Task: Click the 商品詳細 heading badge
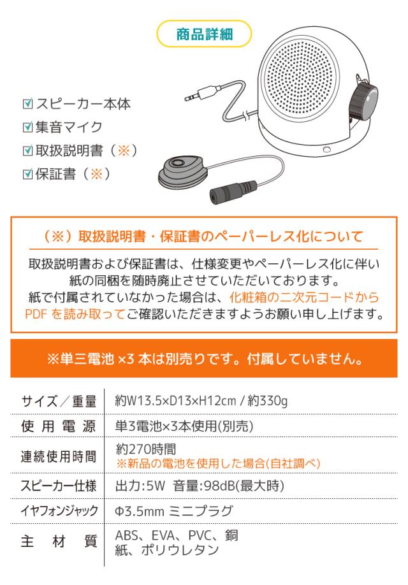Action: pos(204,35)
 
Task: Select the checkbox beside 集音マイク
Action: pos(27,127)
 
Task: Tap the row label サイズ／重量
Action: pos(59,401)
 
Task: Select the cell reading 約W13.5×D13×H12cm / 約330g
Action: pos(201,401)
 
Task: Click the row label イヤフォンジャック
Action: pos(59,512)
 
